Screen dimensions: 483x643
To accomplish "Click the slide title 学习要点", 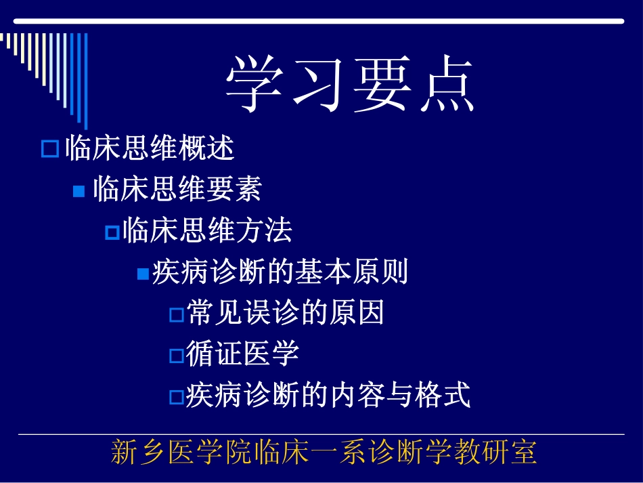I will click(x=349, y=85).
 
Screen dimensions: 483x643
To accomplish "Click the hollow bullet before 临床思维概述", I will click(x=50, y=149).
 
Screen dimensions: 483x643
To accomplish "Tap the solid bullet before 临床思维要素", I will click(x=79, y=192).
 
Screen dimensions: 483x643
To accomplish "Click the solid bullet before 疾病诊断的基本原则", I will click(x=143, y=274).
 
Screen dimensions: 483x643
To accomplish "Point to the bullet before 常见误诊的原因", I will click(x=176, y=315).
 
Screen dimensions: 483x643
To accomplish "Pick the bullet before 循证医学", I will click(x=176, y=356).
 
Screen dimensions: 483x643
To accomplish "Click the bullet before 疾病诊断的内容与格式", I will click(x=176, y=396).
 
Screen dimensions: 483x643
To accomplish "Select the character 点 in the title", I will click(x=443, y=85).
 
